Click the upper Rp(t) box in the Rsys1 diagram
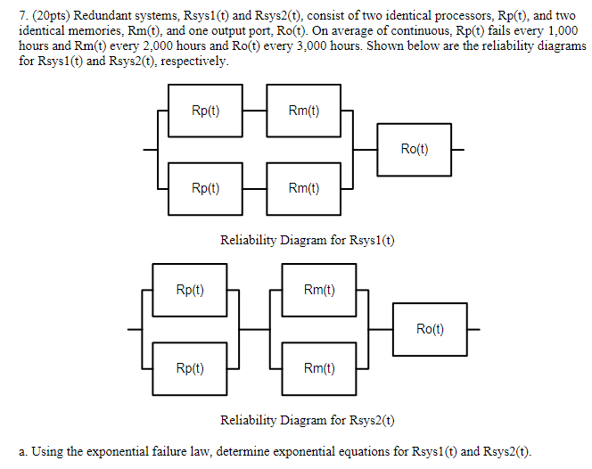click(205, 111)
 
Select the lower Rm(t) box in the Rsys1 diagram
click(304, 188)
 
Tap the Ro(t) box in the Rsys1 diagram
click(415, 150)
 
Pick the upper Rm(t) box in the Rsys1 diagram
click(304, 111)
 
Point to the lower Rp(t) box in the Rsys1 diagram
click(205, 188)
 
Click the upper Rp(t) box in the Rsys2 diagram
click(190, 290)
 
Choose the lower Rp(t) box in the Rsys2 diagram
click(190, 367)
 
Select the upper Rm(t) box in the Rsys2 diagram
click(319, 290)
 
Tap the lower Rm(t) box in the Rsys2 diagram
click(319, 367)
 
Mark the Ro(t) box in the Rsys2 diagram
click(430, 329)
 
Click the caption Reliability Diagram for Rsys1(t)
click(308, 240)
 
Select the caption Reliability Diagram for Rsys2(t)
click(308, 419)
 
